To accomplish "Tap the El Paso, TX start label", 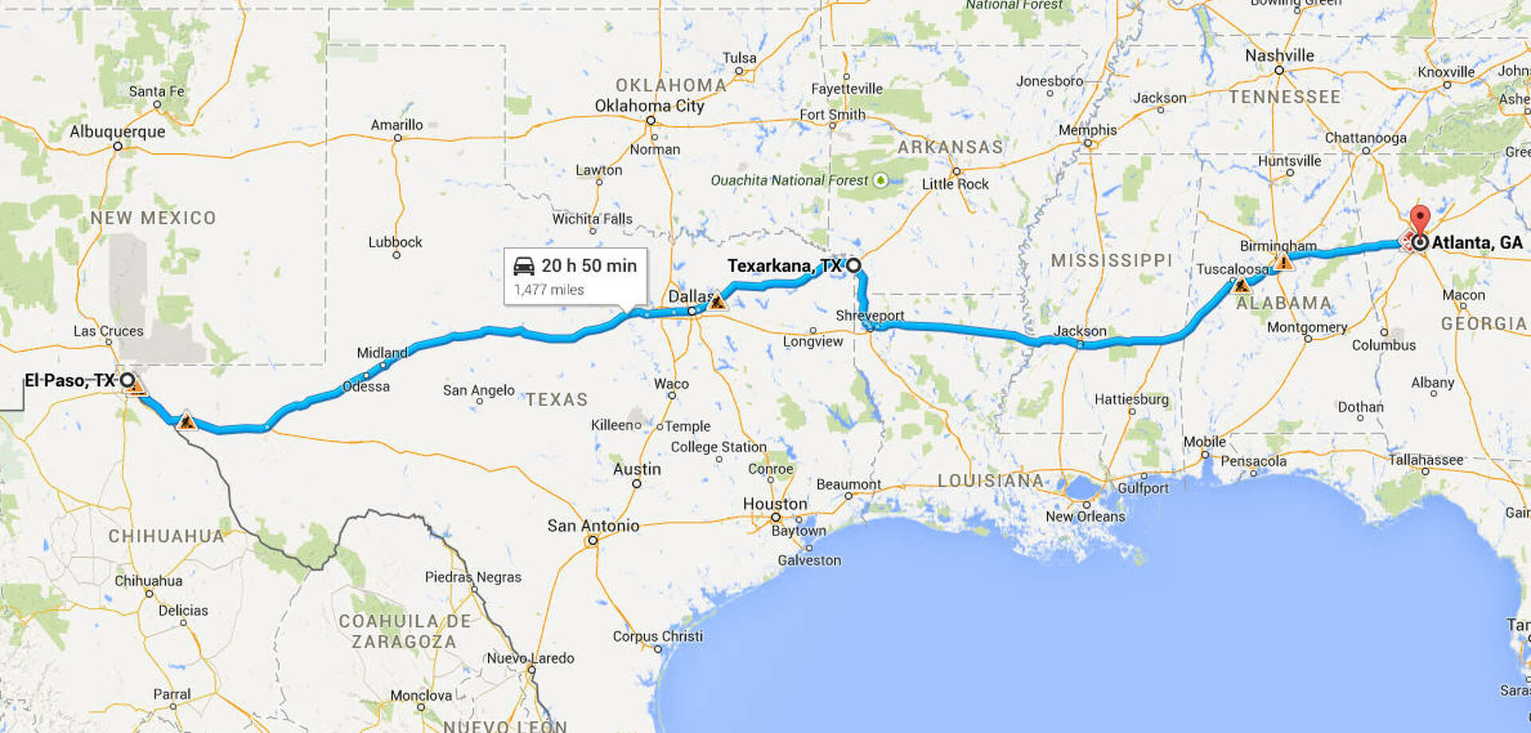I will [x=69, y=380].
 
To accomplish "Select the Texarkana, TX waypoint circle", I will [x=853, y=266].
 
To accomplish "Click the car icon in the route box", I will [x=524, y=266].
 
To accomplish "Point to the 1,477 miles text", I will [x=549, y=290].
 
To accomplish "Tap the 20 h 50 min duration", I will [x=588, y=266].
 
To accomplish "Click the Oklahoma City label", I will [x=649, y=106].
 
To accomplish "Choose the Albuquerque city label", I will [x=117, y=132].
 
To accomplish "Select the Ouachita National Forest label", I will [x=789, y=180].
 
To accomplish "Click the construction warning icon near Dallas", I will [x=718, y=301].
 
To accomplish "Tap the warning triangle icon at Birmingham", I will [x=1284, y=262].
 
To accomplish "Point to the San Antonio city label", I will [x=593, y=526].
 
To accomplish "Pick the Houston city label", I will [x=774, y=504].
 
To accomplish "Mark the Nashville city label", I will [x=1279, y=56].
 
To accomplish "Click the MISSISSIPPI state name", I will [x=1111, y=261].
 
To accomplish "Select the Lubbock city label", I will [x=395, y=242].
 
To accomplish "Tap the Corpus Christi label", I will [x=658, y=636].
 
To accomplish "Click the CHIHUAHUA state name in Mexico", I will [x=166, y=536].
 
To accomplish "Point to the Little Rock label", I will [x=954, y=184].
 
